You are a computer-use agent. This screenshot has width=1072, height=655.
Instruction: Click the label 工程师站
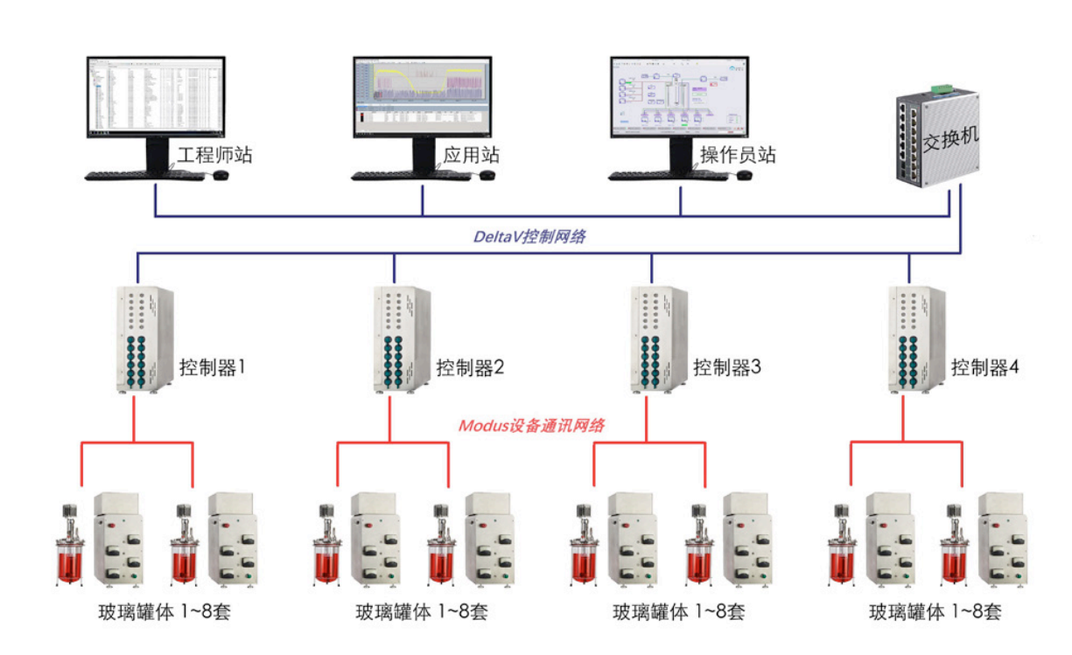coord(215,157)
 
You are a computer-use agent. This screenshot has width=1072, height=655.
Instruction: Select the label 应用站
coord(471,157)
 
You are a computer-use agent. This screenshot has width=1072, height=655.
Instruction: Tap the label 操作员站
coord(738,157)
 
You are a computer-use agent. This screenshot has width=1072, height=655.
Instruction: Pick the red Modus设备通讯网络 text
coord(532,426)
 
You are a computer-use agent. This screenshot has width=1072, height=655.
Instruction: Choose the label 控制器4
coord(985,367)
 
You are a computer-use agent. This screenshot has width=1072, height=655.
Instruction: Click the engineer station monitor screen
coord(155,96)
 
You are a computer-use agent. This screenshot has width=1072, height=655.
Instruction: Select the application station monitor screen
coord(422,96)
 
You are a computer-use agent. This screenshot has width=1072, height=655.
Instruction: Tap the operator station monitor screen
coord(679,96)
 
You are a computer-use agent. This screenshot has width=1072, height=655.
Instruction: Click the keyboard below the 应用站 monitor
coord(411,176)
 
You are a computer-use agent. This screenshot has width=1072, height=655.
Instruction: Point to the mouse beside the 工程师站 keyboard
coord(221,176)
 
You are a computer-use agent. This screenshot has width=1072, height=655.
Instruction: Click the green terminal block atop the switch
coord(942,88)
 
